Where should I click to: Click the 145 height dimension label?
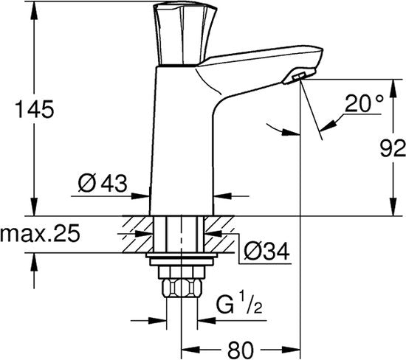tap(35, 109)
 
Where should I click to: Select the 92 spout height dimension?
tap(393, 148)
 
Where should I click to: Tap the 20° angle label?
tap(364, 103)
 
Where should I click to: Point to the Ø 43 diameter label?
tap(103, 183)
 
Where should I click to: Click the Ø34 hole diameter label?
tap(266, 252)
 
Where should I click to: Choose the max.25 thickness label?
tap(40, 233)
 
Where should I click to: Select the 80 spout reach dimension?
tap(241, 350)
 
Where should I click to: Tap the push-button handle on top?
tap(185, 33)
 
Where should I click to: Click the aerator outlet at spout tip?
tap(298, 76)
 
